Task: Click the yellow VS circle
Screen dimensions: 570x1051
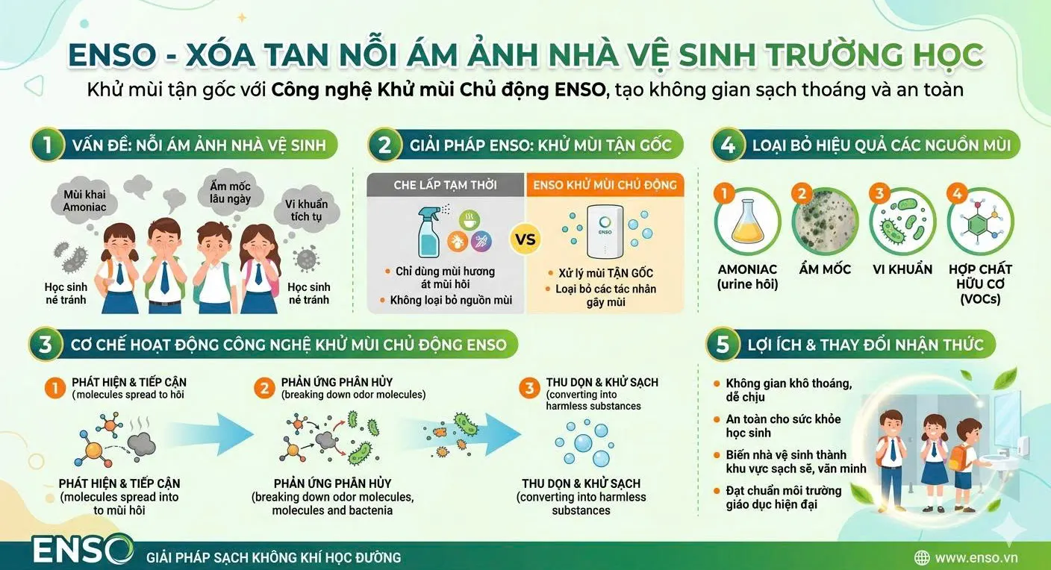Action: pos(525,240)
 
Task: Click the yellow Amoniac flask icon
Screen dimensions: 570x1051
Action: pos(747,222)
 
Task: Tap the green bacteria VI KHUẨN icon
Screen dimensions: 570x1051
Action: pos(902,222)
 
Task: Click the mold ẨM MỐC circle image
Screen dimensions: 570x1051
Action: pos(824,222)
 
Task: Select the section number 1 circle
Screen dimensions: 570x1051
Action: pos(48,145)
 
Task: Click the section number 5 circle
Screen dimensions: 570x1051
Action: pos(723,345)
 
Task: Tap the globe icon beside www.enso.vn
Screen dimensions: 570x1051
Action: pos(922,557)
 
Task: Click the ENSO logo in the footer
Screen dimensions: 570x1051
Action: pos(83,551)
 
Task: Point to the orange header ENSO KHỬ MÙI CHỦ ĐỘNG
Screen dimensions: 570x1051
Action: pos(605,184)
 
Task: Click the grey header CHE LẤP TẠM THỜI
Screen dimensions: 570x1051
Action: pos(445,184)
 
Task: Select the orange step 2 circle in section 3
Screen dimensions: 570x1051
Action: pos(264,388)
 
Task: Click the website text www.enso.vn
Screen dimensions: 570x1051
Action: pos(976,557)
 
